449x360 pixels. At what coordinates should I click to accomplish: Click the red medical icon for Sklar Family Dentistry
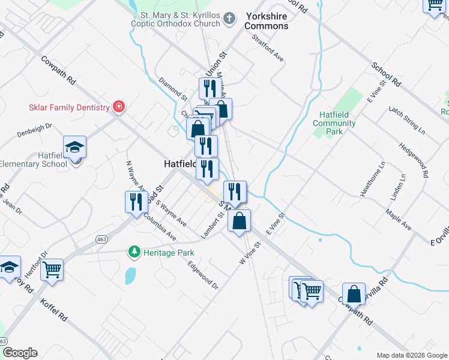pyautogui.click(x=119, y=107)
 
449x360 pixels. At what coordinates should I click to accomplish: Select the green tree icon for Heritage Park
pyautogui.click(x=136, y=253)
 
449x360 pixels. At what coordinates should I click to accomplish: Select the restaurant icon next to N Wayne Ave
pyautogui.click(x=135, y=202)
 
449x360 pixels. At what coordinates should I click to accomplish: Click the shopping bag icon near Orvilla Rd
pyautogui.click(x=354, y=294)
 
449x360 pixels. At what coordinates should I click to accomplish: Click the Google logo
pyautogui.click(x=20, y=353)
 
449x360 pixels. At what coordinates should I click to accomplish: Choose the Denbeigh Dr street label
pyautogui.click(x=35, y=130)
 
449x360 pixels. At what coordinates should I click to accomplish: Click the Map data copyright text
pyautogui.click(x=411, y=355)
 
